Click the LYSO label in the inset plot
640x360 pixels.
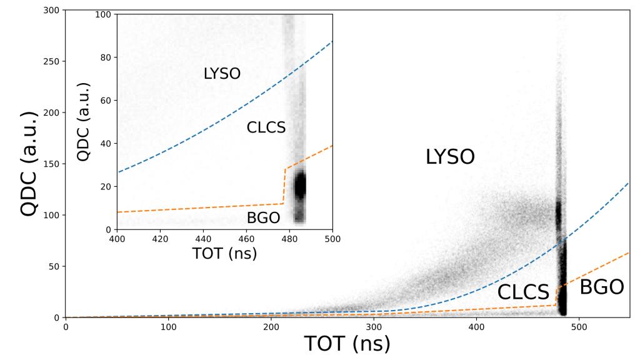click(222, 74)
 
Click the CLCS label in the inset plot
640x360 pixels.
click(266, 127)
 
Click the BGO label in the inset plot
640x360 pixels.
click(263, 217)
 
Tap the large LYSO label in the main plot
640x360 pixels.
click(450, 157)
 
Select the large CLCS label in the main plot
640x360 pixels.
click(523, 292)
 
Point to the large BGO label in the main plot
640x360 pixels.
click(602, 287)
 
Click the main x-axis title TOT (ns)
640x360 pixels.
click(347, 344)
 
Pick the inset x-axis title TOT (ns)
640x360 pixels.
click(224, 254)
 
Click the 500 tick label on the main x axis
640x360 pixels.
click(579, 327)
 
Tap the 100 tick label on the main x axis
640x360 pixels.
click(168, 327)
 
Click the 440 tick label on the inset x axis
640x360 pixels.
click(203, 239)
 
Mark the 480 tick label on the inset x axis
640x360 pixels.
click(289, 239)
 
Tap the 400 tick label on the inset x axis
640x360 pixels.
click(117, 239)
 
